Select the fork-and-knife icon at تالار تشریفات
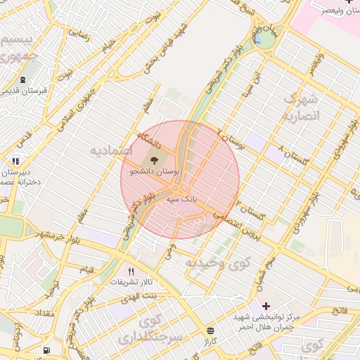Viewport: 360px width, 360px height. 131,271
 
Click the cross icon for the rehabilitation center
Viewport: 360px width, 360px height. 265,307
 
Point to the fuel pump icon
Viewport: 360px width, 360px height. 46,349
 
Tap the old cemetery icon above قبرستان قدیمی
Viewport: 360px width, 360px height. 23,80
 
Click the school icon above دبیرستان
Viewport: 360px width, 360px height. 16,161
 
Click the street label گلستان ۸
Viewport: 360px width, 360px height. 295,157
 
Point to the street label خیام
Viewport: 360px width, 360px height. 108,46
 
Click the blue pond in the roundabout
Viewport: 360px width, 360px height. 265,41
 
